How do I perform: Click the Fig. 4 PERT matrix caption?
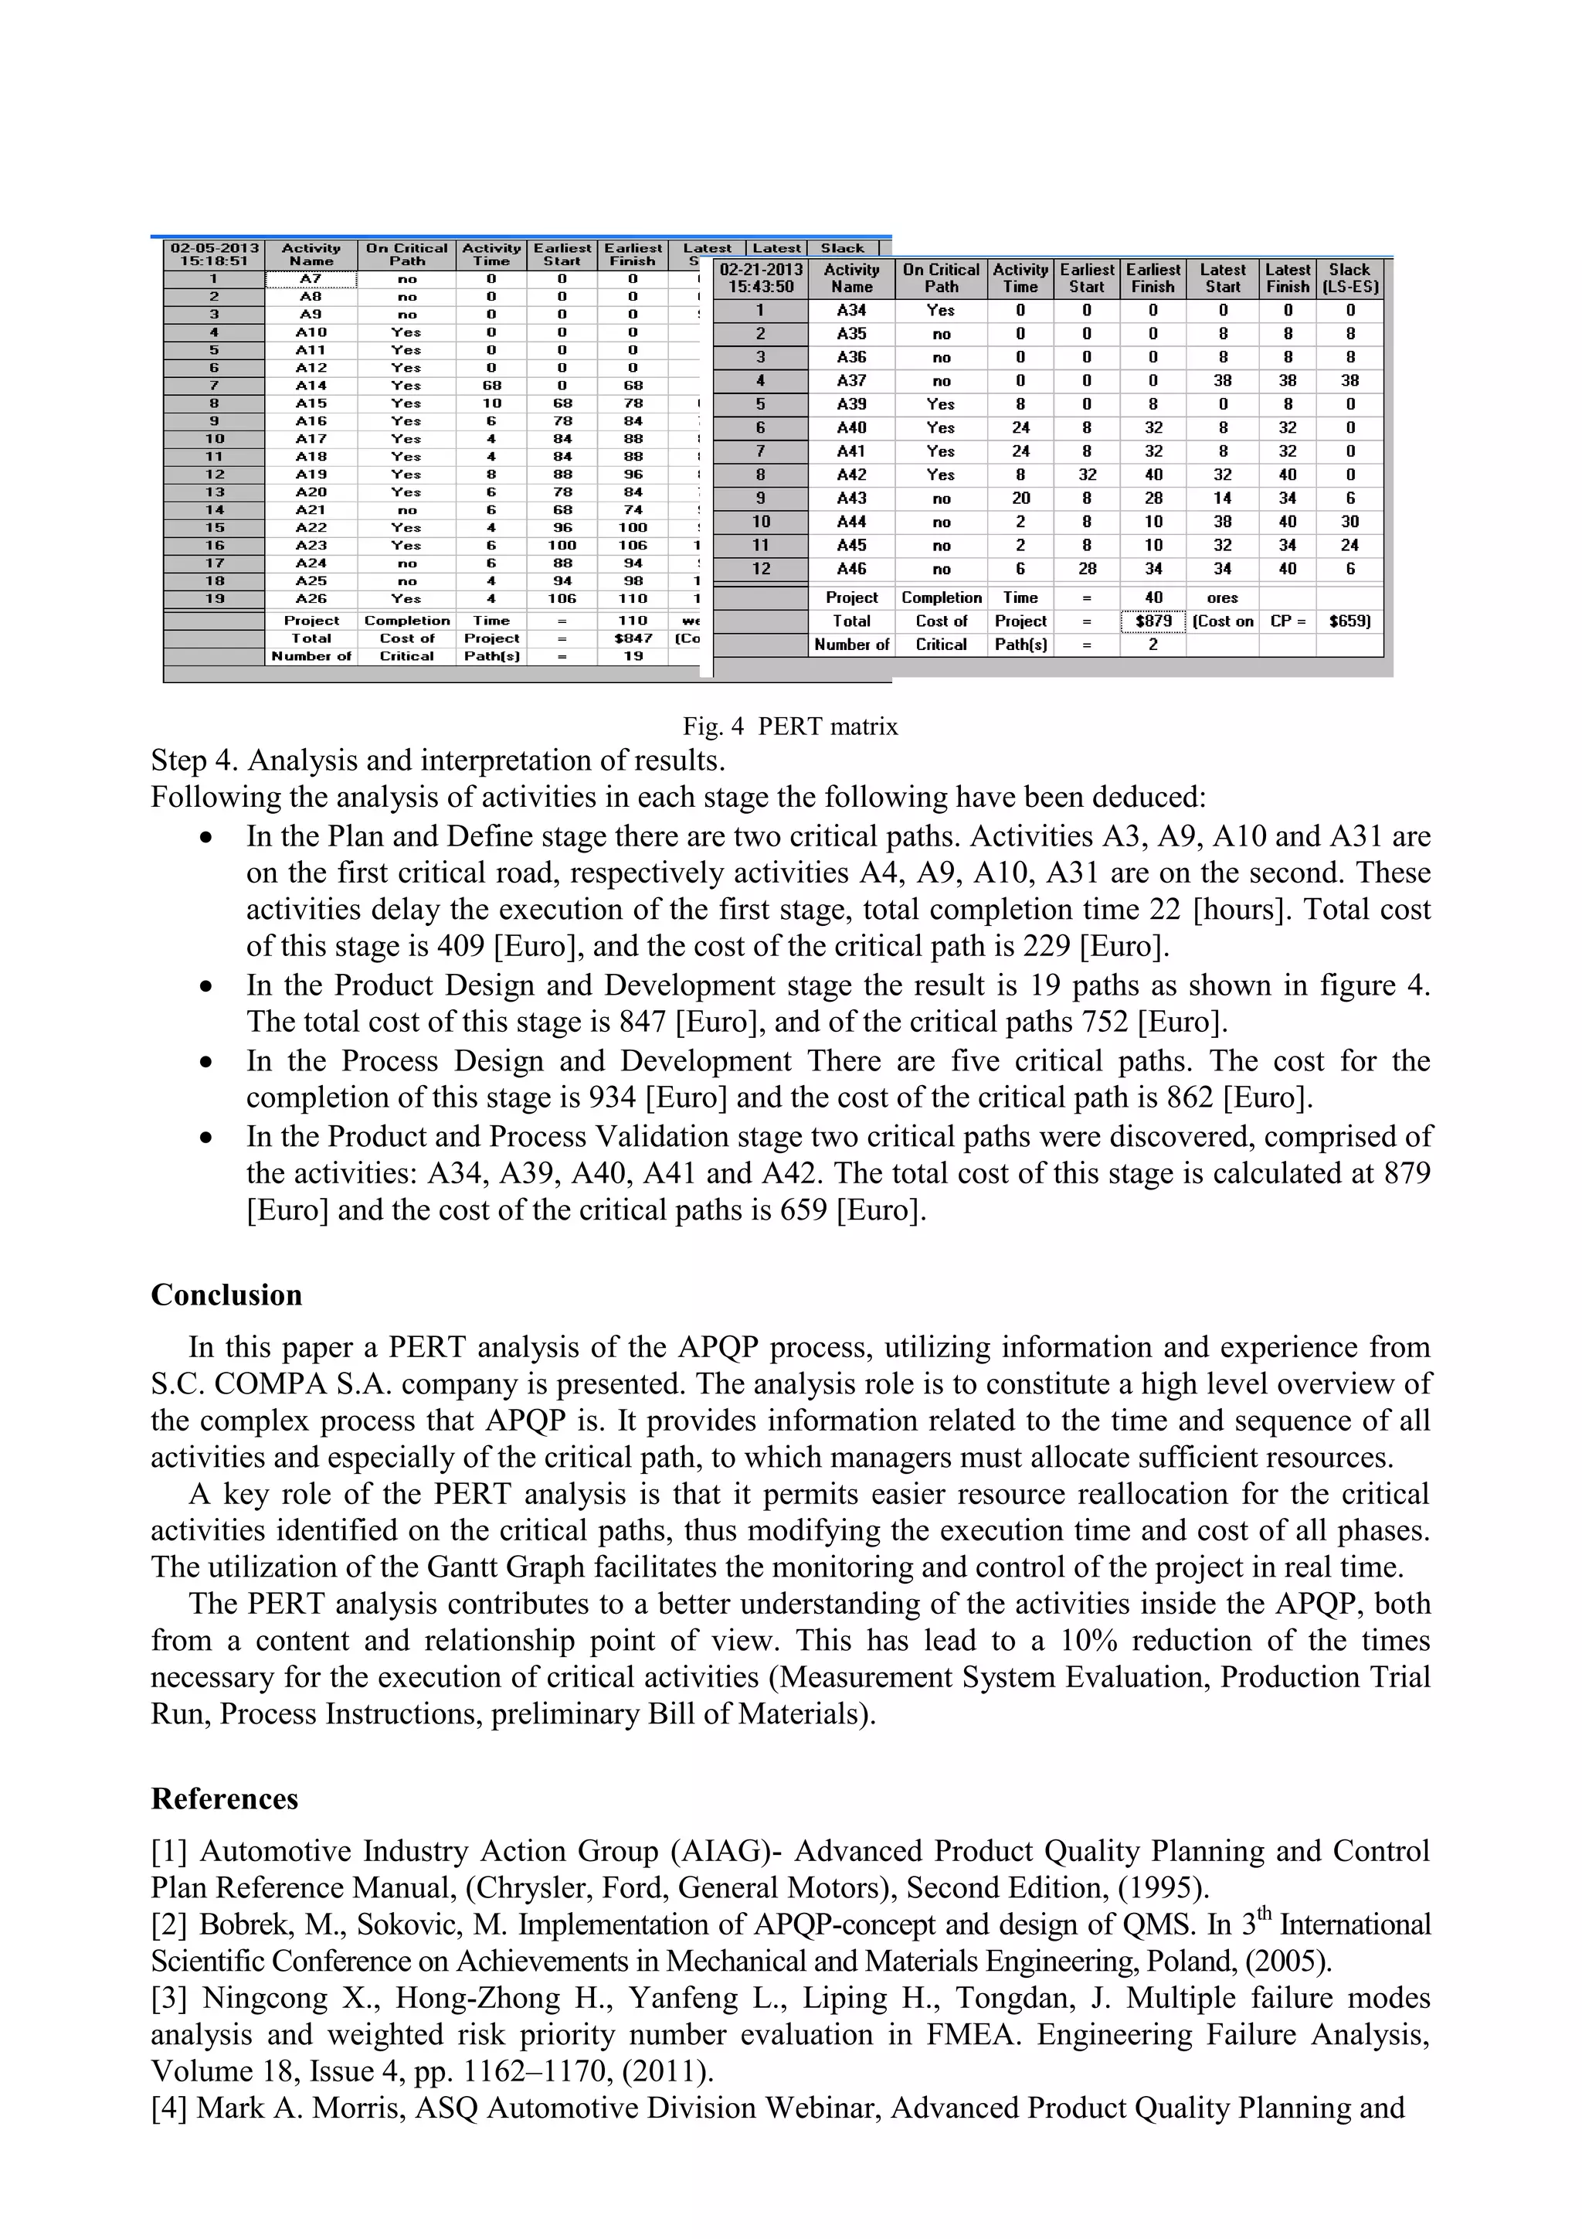point(789,726)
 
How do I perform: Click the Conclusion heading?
point(226,1295)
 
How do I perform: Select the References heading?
point(224,1799)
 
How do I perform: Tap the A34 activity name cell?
point(851,310)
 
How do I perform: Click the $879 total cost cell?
point(1153,621)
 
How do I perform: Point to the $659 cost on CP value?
point(1350,621)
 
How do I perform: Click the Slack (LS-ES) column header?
point(1350,278)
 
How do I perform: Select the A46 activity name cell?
point(851,570)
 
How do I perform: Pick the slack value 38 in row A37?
point(1350,381)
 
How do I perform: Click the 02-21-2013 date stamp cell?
point(762,278)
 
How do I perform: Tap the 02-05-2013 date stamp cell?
point(215,254)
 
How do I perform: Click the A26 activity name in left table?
point(311,599)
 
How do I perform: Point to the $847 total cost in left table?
point(633,638)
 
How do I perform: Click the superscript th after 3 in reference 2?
point(1265,1914)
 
